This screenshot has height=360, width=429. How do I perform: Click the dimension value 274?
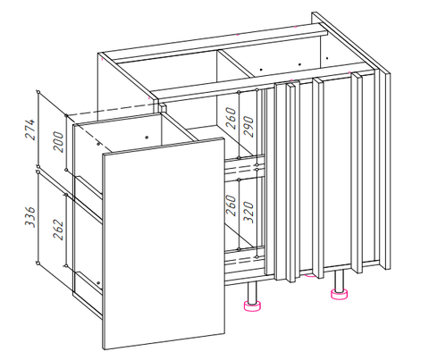click(30, 130)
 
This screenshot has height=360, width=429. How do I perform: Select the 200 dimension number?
click(58, 142)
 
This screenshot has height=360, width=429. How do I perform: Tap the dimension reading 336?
click(30, 217)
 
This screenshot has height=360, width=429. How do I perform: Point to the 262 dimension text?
click(58, 230)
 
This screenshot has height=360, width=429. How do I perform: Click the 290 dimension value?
click(248, 126)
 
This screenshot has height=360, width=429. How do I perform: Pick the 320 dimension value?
click(248, 213)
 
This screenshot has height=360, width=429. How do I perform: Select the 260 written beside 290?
click(231, 118)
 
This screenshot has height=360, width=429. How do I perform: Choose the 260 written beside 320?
click(231, 205)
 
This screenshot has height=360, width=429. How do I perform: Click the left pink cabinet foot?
click(252, 306)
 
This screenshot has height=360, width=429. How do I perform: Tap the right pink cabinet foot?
click(339, 293)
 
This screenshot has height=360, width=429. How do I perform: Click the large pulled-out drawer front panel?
click(164, 243)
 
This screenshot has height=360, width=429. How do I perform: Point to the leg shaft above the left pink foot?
click(252, 293)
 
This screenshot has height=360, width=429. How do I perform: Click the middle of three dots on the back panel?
click(299, 64)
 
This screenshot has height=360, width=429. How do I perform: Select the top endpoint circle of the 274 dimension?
click(38, 91)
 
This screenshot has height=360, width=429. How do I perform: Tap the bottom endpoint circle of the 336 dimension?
click(38, 263)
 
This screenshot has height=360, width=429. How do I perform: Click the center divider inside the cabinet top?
click(235, 63)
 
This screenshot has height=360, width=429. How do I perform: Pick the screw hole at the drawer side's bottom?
click(98, 282)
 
